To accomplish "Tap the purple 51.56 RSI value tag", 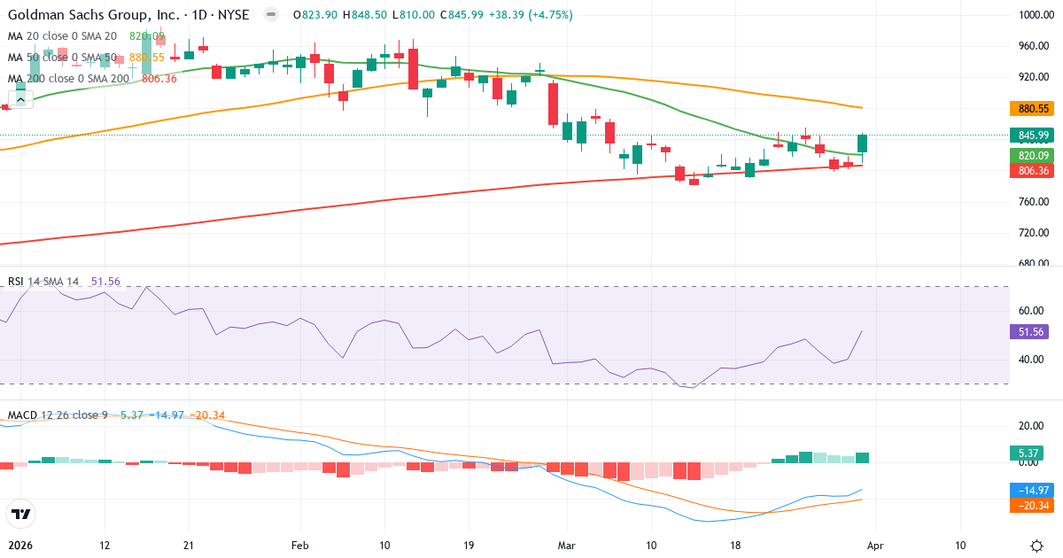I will [1029, 332].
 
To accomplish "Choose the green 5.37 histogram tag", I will [1029, 453].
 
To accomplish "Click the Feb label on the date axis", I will [299, 546].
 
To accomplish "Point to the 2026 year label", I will [19, 546].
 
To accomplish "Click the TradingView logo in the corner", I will [20, 514].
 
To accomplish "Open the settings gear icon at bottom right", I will [1036, 546].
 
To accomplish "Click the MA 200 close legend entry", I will [69, 79].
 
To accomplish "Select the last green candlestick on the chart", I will [862, 143].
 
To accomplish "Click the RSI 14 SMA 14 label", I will [43, 282].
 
